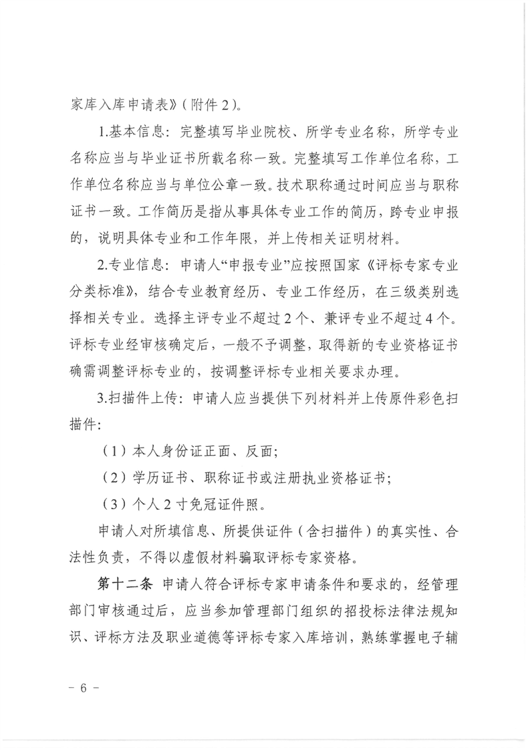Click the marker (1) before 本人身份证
112,452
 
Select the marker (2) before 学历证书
112,478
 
